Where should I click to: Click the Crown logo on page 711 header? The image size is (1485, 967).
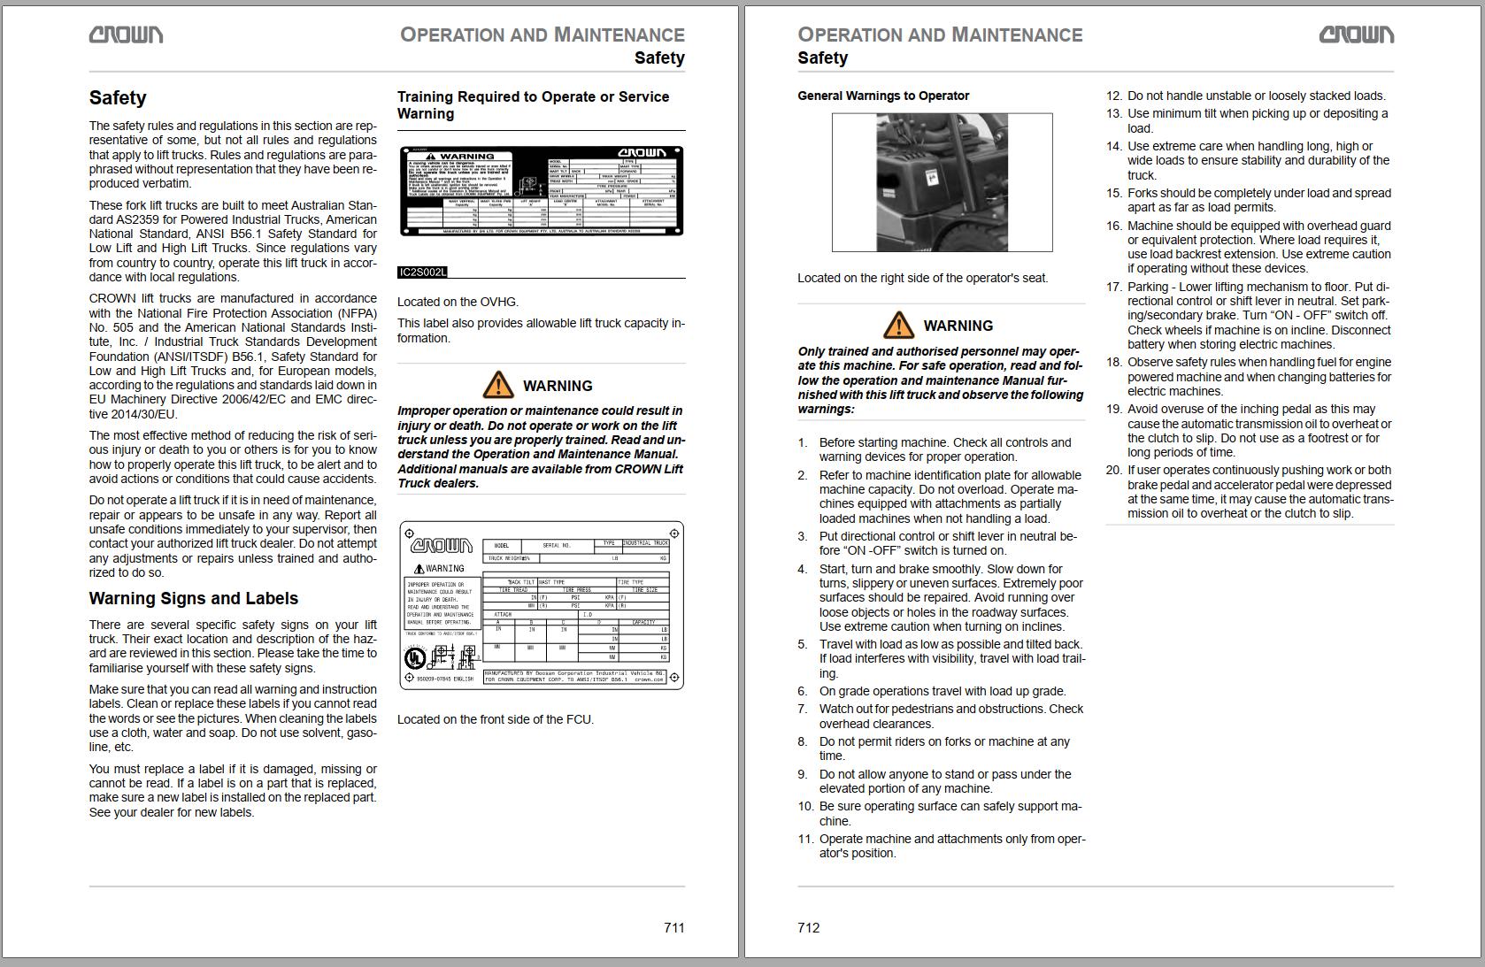click(x=126, y=35)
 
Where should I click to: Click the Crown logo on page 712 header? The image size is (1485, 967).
click(x=1356, y=35)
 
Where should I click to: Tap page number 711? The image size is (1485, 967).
click(x=673, y=927)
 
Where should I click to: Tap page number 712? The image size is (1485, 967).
click(x=808, y=927)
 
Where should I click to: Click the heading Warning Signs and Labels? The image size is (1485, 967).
click(x=193, y=598)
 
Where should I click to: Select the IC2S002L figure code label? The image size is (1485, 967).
click(x=422, y=272)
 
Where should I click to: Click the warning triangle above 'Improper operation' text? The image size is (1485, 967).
click(x=497, y=385)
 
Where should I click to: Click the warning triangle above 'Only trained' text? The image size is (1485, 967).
click(x=898, y=325)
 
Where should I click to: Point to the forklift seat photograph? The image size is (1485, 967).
click(x=942, y=182)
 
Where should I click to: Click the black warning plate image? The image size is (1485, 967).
click(x=541, y=191)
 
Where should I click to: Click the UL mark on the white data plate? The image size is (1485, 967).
click(x=414, y=658)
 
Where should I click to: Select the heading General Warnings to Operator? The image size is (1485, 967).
click(x=882, y=96)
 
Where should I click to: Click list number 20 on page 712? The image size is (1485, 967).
click(x=1113, y=470)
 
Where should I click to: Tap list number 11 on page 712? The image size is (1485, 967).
click(x=804, y=839)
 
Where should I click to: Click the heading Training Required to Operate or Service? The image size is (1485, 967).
click(x=533, y=96)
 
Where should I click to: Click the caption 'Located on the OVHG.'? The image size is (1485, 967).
click(x=458, y=302)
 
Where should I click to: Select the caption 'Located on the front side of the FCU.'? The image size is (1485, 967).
click(x=495, y=719)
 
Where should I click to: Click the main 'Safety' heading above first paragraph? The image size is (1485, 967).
click(x=117, y=97)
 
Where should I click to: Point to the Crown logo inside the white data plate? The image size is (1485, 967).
click(x=442, y=545)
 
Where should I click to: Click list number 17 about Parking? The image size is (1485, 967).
click(x=1113, y=287)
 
